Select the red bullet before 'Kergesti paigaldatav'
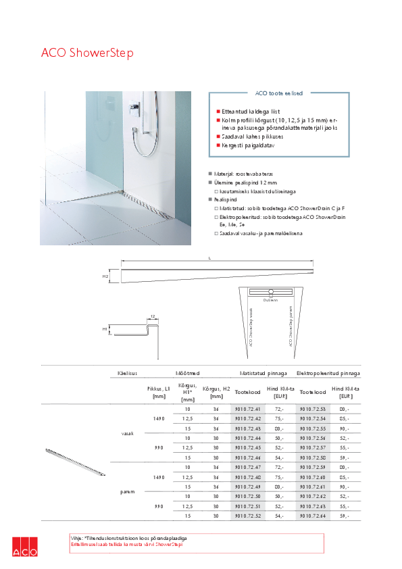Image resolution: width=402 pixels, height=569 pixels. [x=218, y=145]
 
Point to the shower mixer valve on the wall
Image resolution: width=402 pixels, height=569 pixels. [x=136, y=107]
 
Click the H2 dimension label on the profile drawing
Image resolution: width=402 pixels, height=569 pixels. [x=105, y=276]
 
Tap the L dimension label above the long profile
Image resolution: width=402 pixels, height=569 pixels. [x=210, y=258]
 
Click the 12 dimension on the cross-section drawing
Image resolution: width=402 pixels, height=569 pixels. [x=153, y=316]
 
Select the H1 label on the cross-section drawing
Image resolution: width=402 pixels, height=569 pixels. [x=105, y=328]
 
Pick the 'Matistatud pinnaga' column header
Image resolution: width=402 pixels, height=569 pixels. [x=264, y=372]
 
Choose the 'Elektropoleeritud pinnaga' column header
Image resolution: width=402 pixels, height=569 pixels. [x=328, y=372]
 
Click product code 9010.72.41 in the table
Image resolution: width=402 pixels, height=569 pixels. [x=247, y=410]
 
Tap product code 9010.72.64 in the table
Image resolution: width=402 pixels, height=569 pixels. [x=313, y=517]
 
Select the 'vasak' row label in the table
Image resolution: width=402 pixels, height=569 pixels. [x=127, y=433]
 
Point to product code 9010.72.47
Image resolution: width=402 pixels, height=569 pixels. [x=247, y=468]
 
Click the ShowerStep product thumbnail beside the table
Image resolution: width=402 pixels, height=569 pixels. [x=74, y=463]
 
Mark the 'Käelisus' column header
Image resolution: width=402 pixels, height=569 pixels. [x=127, y=372]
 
